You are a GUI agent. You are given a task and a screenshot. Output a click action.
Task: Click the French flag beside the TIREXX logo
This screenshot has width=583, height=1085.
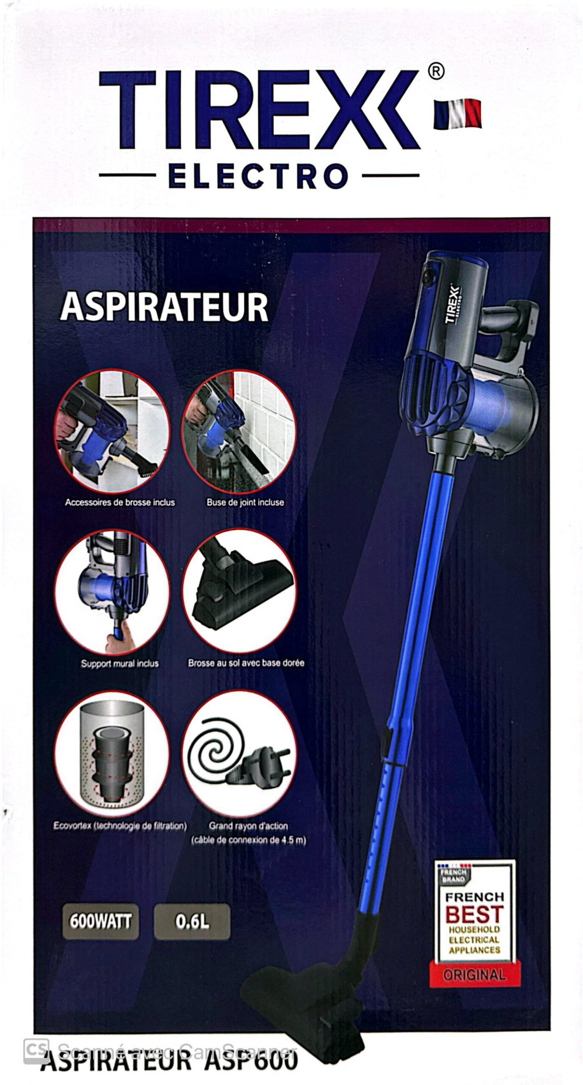pyautogui.click(x=457, y=113)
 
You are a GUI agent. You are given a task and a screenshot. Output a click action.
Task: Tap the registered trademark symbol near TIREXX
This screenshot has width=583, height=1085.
pyautogui.click(x=436, y=72)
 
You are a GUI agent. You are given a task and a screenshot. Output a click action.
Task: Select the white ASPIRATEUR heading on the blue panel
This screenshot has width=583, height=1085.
pyautogui.click(x=164, y=308)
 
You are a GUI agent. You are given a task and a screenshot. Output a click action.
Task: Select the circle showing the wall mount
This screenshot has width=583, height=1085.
pyautogui.click(x=112, y=591)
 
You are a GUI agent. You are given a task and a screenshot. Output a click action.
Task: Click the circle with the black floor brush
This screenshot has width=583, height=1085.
pyautogui.click(x=239, y=591)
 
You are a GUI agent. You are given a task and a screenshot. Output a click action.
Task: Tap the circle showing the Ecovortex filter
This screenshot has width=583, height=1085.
pyautogui.click(x=112, y=754)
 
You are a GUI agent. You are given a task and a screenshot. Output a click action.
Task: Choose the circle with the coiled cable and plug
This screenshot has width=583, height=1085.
pyautogui.click(x=239, y=754)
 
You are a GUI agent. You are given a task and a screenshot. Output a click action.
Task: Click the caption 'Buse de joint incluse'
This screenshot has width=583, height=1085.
pyautogui.click(x=245, y=502)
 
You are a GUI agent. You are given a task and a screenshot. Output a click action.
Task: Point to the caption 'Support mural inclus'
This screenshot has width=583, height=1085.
pyautogui.click(x=120, y=663)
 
